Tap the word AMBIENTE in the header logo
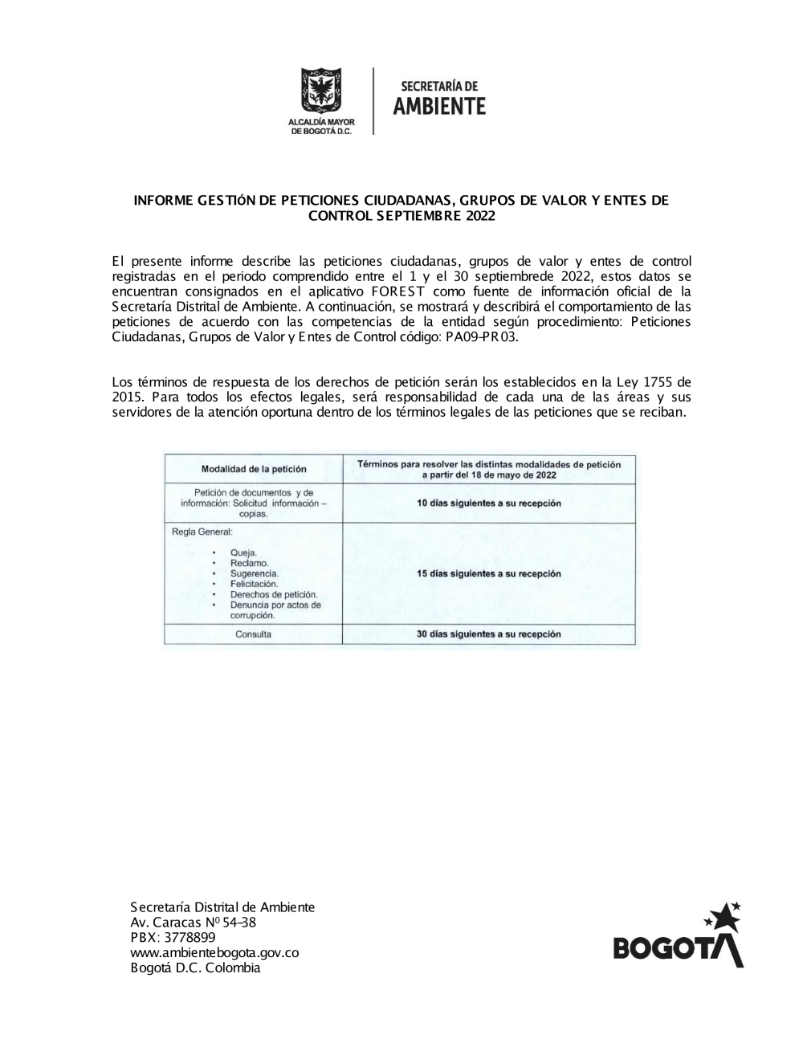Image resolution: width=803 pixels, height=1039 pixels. (x=439, y=107)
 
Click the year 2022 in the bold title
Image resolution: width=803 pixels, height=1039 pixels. (x=479, y=215)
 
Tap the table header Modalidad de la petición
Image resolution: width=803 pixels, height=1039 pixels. (x=254, y=469)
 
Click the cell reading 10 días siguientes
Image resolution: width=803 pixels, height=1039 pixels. (x=488, y=503)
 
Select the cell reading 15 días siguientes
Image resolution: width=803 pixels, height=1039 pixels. (x=488, y=574)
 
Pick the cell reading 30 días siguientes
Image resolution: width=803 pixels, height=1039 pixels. (x=488, y=634)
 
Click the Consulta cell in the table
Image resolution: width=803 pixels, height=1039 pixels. (x=253, y=634)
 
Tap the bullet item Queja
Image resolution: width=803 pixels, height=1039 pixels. (x=243, y=552)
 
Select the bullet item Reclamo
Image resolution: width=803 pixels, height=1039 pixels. (x=249, y=563)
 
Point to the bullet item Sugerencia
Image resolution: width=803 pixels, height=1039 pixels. (x=254, y=573)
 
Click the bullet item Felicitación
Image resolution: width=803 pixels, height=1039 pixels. (x=254, y=584)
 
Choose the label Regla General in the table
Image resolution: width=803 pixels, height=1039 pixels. (x=202, y=532)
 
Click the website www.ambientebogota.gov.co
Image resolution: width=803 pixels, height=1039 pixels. (x=214, y=952)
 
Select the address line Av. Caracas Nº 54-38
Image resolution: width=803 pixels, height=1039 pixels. (x=193, y=922)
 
